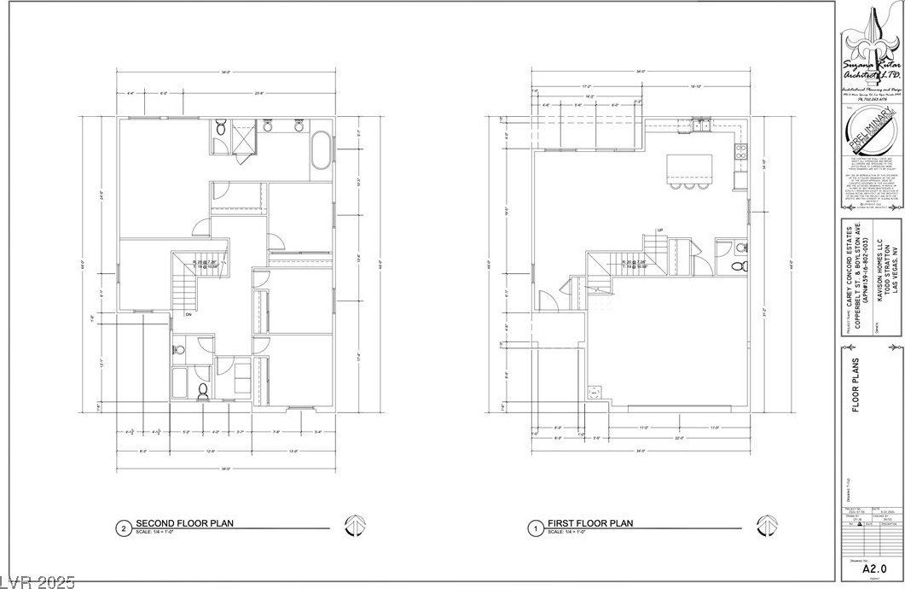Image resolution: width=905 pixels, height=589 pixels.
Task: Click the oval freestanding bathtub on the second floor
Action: [x=322, y=151]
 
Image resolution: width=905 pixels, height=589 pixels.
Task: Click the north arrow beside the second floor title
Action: [x=355, y=527]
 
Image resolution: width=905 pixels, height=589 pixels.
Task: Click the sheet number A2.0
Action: [x=870, y=567]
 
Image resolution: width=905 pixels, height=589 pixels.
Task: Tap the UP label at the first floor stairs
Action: [x=660, y=230]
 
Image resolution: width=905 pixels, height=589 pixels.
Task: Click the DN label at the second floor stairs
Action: [x=187, y=315]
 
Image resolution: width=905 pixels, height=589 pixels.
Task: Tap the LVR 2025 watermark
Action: [x=38, y=581]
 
